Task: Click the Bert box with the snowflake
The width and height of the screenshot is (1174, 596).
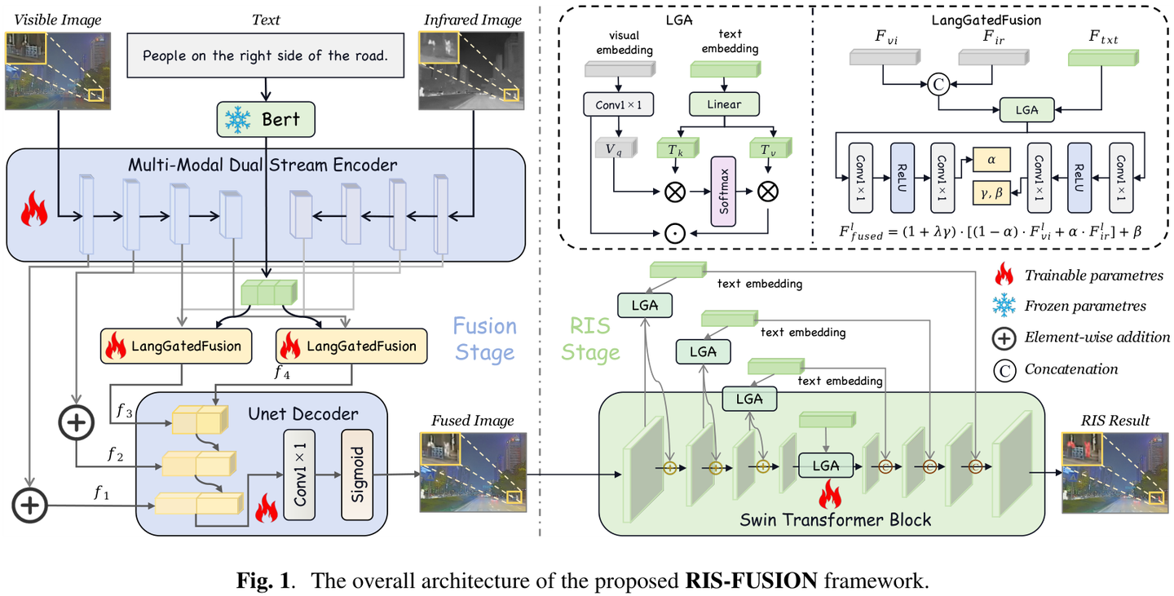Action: pos(265,120)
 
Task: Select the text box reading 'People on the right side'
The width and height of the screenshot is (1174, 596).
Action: pos(263,55)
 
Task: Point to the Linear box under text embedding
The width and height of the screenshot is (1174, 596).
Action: pos(725,104)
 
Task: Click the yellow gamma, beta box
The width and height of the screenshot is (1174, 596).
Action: pos(991,193)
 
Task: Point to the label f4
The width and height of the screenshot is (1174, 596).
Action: pos(283,374)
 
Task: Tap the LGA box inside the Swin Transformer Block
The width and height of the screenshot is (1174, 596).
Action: pos(827,466)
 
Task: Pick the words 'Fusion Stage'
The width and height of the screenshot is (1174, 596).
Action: pos(485,339)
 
